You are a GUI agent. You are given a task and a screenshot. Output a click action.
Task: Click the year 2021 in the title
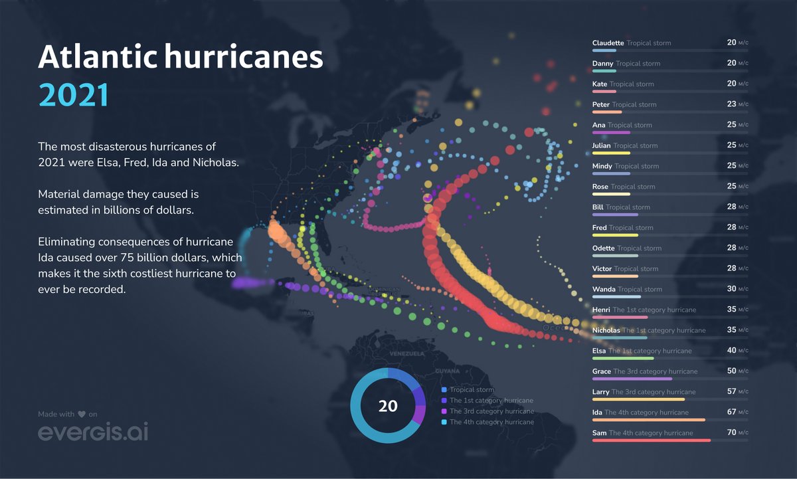(x=74, y=95)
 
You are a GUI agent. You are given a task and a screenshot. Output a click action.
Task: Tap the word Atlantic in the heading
(x=96, y=58)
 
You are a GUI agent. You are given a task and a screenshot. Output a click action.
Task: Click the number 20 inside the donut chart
(x=388, y=406)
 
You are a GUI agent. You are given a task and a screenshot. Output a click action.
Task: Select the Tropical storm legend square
(x=444, y=390)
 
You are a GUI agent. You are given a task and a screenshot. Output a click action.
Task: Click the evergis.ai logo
(x=93, y=432)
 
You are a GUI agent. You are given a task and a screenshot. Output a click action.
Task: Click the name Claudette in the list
(x=608, y=43)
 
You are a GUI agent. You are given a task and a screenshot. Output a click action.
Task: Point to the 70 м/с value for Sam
(x=737, y=432)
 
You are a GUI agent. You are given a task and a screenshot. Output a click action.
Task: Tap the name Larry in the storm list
(x=600, y=392)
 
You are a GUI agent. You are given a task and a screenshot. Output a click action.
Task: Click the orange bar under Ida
(x=648, y=420)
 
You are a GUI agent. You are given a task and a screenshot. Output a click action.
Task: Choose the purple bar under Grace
(x=632, y=379)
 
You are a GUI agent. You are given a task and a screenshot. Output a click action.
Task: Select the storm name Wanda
(x=604, y=289)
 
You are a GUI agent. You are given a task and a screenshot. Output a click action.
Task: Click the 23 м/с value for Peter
(x=737, y=104)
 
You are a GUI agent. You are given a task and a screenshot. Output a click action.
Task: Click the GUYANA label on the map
(x=446, y=371)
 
